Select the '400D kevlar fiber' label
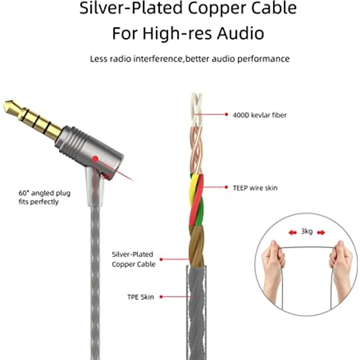260,115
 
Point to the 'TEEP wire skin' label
255,188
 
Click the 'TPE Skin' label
140,297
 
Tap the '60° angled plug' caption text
45,193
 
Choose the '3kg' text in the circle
307,231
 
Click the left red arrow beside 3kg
292,232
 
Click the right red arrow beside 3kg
321,232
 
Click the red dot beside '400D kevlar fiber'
226,114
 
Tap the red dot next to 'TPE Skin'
161,297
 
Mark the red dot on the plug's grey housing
95,158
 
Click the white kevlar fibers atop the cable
197,110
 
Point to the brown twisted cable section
197,246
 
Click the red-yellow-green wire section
197,199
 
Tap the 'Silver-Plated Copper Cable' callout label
134,259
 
